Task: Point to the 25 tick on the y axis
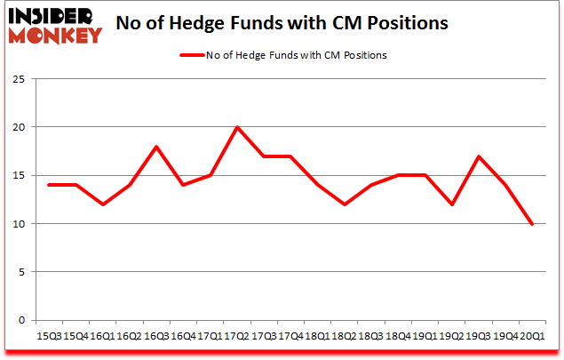[18, 79]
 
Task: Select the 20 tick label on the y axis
[18, 127]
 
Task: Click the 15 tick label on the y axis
[18, 175]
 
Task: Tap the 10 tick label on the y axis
[18, 223]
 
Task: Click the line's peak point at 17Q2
[237, 127]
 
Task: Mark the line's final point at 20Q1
[532, 223]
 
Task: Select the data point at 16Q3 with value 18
[156, 147]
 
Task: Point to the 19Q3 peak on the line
[479, 156]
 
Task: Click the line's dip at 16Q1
[103, 204]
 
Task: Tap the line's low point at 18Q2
[345, 204]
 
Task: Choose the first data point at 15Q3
[49, 185]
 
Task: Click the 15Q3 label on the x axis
[49, 335]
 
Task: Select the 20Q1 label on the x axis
[532, 335]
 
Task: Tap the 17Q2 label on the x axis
[237, 335]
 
